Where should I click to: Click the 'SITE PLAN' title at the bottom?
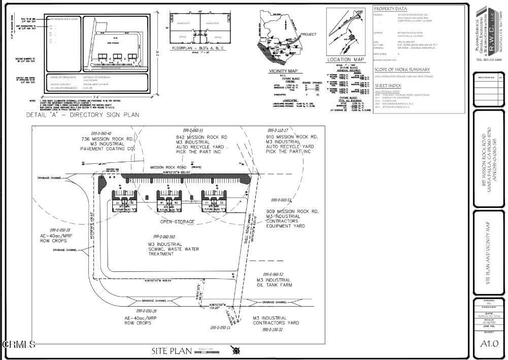coord(172,351)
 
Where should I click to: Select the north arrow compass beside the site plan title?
coord(235,350)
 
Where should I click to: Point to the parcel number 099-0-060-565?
coord(166,237)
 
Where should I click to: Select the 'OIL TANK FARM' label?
coord(274,285)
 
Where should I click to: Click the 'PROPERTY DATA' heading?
coord(390,9)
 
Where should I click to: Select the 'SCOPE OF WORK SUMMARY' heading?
coord(402,69)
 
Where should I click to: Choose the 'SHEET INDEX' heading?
coord(388,86)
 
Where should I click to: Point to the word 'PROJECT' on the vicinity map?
coord(309,34)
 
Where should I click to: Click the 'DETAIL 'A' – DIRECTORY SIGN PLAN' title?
coord(83,115)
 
